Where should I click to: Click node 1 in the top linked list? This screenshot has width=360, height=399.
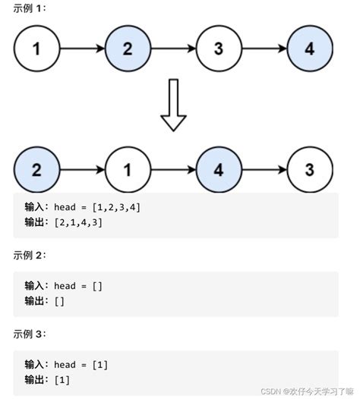click(x=36, y=49)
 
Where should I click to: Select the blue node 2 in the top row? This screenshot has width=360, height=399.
click(x=127, y=49)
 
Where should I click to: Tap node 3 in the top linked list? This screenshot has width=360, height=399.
click(x=219, y=49)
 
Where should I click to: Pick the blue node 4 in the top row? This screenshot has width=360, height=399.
click(x=310, y=49)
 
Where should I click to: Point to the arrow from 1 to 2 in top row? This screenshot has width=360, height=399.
click(x=81, y=49)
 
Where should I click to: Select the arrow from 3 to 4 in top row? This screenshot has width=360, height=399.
click(x=264, y=49)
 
